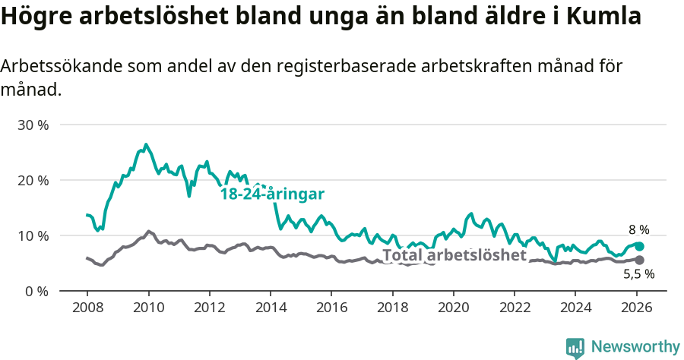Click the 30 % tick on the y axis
[33, 125]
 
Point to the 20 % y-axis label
[33, 180]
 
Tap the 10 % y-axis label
[33, 235]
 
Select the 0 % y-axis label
[36, 291]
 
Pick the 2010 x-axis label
[148, 308]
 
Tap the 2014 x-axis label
[270, 308]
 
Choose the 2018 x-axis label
[392, 308]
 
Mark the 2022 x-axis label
[514, 308]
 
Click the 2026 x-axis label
[636, 308]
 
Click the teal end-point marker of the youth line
[639, 246]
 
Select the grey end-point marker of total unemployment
[639, 261]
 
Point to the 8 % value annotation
[638, 229]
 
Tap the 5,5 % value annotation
[638, 275]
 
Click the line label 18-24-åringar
[272, 193]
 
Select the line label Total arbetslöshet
[454, 255]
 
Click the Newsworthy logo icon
[575, 347]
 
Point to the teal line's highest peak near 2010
[146, 144]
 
